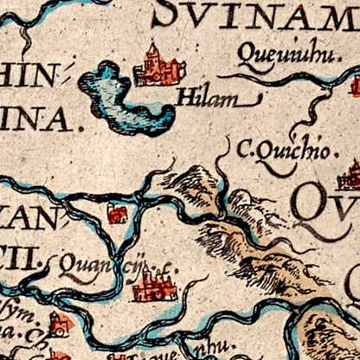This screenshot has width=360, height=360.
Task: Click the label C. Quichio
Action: point(282,151)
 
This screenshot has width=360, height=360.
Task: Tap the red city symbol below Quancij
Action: point(155,284)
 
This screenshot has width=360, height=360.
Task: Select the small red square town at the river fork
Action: point(117,213)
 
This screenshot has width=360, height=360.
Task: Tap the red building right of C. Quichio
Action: point(351,176)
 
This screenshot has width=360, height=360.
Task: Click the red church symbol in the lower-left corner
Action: point(61,324)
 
